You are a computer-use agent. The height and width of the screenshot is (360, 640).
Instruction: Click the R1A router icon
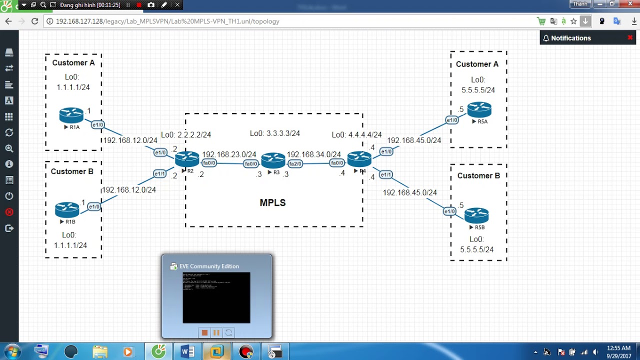(71, 115)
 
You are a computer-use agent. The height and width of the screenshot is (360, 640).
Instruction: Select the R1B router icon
(67, 209)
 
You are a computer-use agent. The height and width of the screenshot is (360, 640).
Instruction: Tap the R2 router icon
(187, 159)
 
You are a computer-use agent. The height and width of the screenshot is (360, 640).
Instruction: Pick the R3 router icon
(273, 160)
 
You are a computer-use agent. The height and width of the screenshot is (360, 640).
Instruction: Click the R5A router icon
(479, 109)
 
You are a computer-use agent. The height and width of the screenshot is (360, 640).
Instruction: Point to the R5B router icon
(476, 215)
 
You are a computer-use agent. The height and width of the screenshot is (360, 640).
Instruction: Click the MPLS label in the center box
(272, 202)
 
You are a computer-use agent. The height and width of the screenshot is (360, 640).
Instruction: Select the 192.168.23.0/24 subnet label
(229, 154)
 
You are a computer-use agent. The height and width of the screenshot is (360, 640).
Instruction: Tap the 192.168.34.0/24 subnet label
(313, 154)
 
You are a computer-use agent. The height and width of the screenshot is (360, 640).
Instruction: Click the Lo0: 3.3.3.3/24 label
(274, 133)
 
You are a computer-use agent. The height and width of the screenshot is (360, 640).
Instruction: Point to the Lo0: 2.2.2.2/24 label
(185, 135)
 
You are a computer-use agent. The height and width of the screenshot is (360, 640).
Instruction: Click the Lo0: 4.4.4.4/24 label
(356, 135)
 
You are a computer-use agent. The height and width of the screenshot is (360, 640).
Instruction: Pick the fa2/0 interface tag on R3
(295, 163)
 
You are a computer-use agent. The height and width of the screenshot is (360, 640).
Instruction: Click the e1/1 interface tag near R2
(159, 174)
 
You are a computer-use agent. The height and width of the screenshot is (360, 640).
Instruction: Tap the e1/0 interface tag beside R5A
(452, 120)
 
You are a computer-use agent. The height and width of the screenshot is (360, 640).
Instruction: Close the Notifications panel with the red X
(630, 37)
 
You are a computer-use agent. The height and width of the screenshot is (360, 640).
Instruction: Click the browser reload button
(34, 21)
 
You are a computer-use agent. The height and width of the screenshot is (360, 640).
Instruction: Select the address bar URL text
(167, 21)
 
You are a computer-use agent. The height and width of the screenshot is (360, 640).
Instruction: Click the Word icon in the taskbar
(187, 351)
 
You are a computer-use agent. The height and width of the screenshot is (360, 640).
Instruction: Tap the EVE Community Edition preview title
(209, 266)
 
